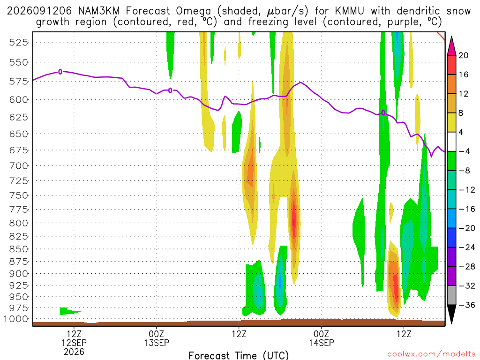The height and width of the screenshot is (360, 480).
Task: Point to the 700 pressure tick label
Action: click(18, 166)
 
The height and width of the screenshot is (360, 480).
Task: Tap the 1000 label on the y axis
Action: click(16, 319)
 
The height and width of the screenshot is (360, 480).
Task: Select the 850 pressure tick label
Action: click(18, 249)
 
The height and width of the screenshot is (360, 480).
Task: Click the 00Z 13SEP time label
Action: click(157, 338)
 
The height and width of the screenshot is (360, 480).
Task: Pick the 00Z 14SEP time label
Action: click(322, 338)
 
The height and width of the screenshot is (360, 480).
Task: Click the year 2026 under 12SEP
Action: click(74, 352)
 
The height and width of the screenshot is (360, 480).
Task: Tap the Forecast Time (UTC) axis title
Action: click(239, 355)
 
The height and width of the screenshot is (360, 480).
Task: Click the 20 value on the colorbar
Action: click(463, 55)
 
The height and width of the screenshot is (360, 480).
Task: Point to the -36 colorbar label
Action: click(467, 305)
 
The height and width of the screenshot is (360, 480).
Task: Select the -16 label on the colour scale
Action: click(467, 209)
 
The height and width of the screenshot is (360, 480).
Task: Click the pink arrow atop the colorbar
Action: click(451, 45)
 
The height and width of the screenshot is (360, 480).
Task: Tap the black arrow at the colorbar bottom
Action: click(451, 314)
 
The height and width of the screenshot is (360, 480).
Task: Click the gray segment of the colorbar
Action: click(451, 295)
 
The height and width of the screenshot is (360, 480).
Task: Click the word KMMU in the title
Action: click(349, 11)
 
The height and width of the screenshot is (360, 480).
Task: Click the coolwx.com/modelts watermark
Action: click(431, 354)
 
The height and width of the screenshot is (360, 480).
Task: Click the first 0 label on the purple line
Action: click(60, 72)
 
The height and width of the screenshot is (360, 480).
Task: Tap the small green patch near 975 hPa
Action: click(69, 311)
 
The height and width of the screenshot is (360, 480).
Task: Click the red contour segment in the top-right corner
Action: click(441, 36)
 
